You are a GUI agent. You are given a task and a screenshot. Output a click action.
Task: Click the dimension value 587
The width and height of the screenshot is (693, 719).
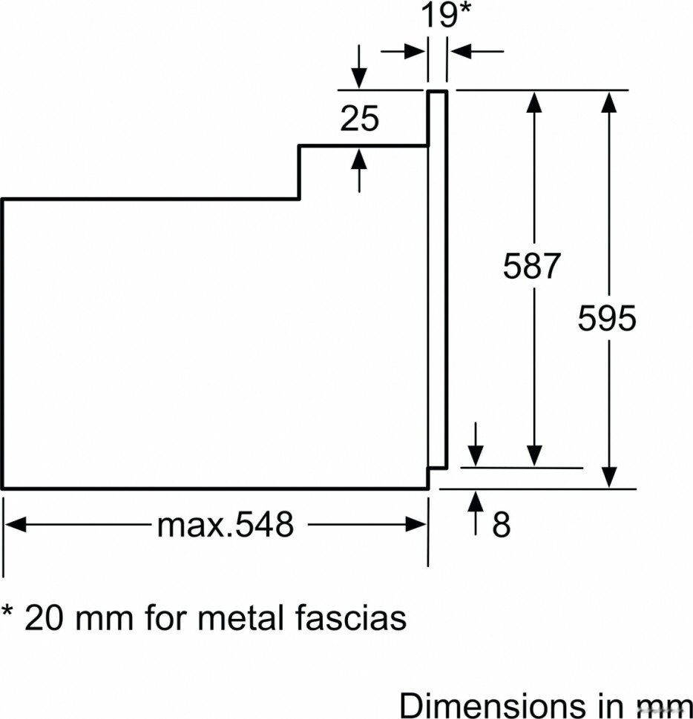tap(531, 266)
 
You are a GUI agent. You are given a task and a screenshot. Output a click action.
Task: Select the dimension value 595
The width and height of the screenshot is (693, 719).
tap(607, 318)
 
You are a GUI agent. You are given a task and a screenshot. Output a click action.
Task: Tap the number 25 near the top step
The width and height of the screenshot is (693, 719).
tap(359, 119)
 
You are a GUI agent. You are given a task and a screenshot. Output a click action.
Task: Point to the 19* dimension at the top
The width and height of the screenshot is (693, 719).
tap(444, 15)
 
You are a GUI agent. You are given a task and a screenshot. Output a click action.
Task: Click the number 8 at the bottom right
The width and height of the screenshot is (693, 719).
tap(501, 524)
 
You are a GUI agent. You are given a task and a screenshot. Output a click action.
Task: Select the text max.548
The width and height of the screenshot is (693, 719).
tap(225, 524)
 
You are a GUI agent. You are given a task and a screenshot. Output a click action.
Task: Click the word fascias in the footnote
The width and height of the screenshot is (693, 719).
tap(351, 617)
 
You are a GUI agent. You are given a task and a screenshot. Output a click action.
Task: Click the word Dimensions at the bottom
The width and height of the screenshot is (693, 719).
tap(493, 704)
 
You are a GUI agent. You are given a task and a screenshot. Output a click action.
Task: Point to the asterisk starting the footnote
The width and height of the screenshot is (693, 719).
tap(7, 611)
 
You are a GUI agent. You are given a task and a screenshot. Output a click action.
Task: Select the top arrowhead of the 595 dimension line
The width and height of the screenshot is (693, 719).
tap(609, 102)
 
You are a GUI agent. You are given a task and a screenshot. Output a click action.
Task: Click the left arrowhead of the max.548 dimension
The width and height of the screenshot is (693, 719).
tap(15, 524)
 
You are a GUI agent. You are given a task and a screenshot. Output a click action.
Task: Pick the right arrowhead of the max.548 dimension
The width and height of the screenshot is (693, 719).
tap(417, 524)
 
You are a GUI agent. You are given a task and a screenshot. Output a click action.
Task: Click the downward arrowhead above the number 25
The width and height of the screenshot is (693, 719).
tap(359, 78)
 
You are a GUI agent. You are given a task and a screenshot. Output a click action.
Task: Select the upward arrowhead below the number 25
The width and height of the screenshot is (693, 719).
tap(359, 159)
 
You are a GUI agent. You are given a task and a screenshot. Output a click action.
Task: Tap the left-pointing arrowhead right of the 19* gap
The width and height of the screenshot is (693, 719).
tap(460, 51)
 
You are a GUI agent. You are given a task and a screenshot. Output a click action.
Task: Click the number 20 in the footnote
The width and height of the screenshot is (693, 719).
tap(43, 617)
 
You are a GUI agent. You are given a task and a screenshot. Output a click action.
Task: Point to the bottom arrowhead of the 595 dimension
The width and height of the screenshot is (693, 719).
tap(609, 477)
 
